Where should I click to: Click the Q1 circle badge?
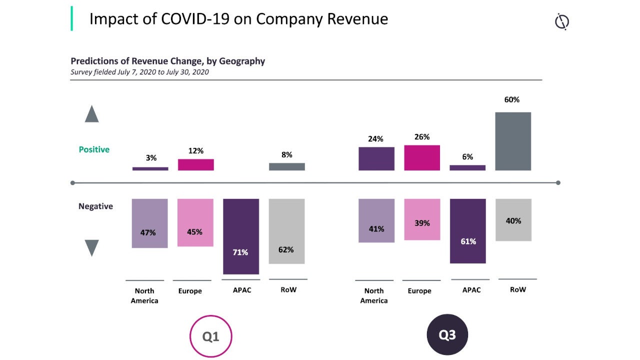tap(211, 336)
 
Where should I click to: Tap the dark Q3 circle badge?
tap(447, 335)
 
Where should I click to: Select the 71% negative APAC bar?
tap(241, 236)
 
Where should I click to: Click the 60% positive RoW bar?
tap(513, 141)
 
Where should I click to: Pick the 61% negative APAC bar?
tap(467, 230)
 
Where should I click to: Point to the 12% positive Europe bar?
tap(196, 165)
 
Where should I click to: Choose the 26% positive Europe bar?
tap(422, 158)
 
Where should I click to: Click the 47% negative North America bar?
tap(149, 223)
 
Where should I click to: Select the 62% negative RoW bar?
tap(286, 231)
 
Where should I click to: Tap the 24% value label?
tap(375, 139)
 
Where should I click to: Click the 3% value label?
tap(151, 158)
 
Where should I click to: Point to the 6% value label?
tap(467, 156)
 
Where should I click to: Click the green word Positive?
tap(94, 149)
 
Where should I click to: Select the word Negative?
tap(95, 206)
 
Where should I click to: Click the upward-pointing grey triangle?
tap(92, 114)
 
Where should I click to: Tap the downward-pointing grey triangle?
tap(92, 247)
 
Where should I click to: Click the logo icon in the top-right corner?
tap(562, 22)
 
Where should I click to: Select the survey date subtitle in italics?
tap(139, 72)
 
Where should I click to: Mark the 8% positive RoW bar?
tap(286, 166)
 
